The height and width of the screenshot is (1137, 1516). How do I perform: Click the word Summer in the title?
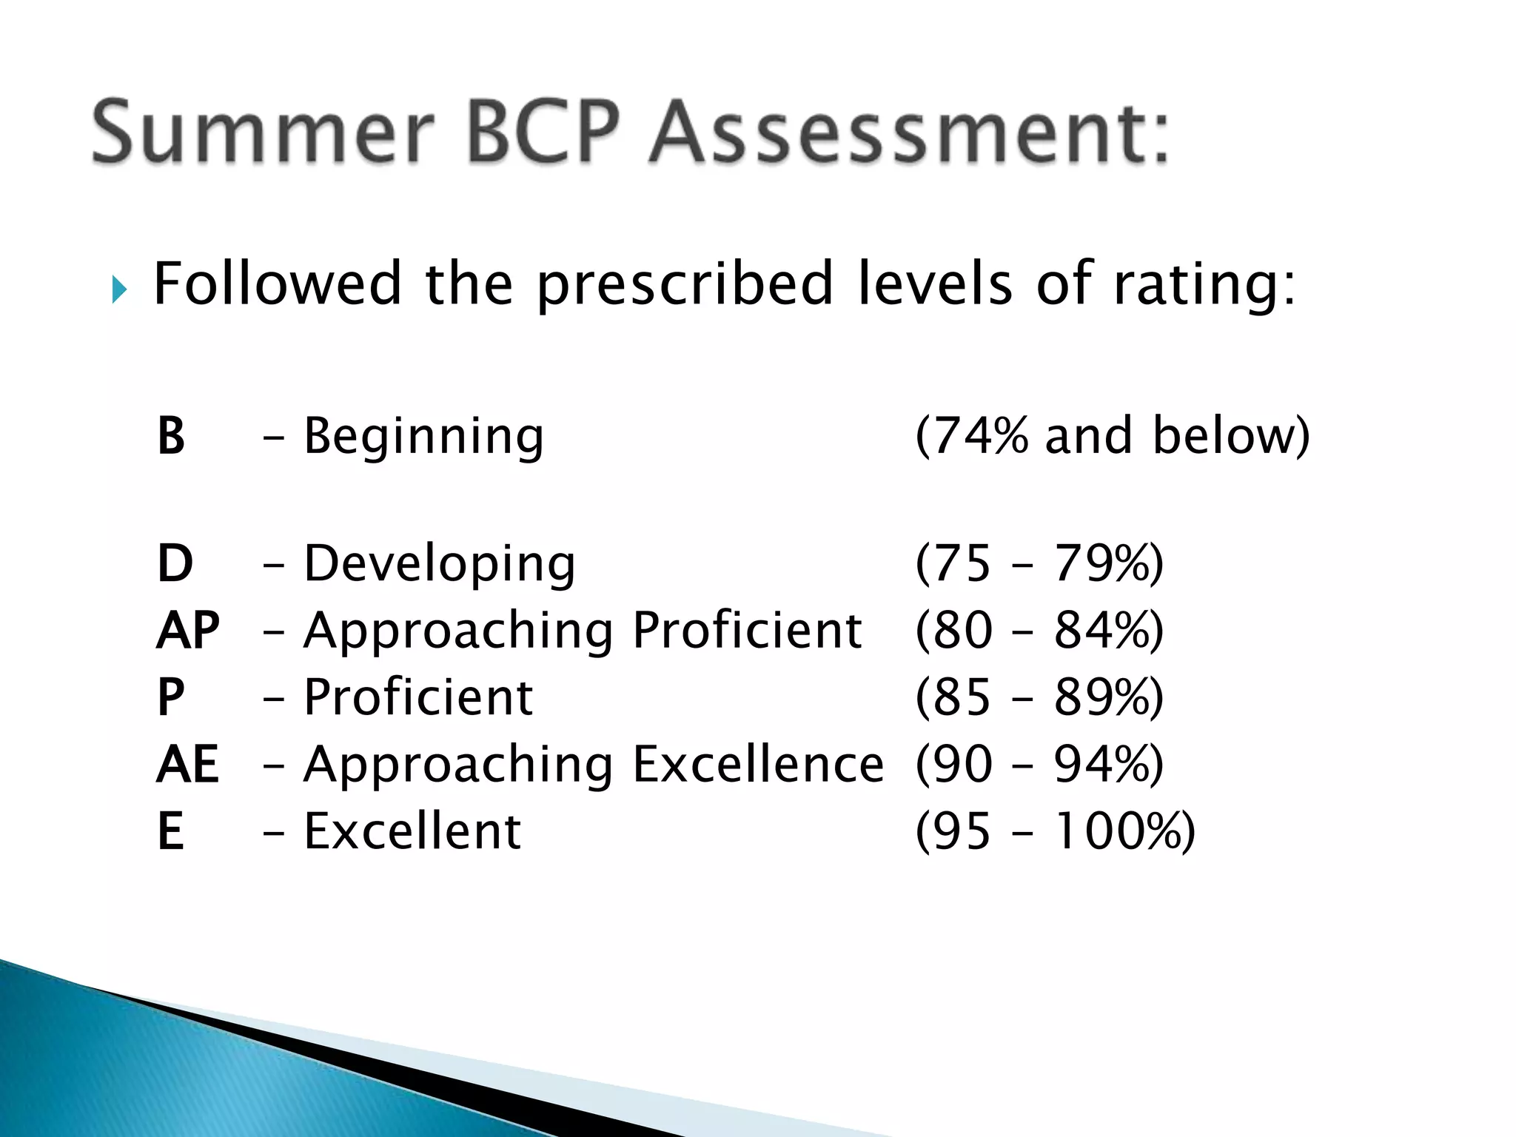pyautogui.click(x=263, y=133)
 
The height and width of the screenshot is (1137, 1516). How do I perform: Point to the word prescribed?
pyautogui.click(x=685, y=285)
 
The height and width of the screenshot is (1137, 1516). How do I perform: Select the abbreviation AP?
pyautogui.click(x=188, y=630)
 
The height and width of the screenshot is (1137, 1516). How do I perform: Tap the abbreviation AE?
pyautogui.click(x=188, y=764)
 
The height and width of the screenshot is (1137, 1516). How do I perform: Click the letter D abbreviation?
pyautogui.click(x=175, y=563)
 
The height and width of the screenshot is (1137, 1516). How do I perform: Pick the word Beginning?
pyautogui.click(x=424, y=436)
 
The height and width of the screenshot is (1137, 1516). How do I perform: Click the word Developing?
pyautogui.click(x=440, y=565)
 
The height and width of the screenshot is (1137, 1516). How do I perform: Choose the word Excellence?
pyautogui.click(x=758, y=764)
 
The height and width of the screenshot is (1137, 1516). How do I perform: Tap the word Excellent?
pyautogui.click(x=412, y=831)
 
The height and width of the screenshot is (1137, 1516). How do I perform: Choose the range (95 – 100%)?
pyautogui.click(x=1055, y=831)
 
